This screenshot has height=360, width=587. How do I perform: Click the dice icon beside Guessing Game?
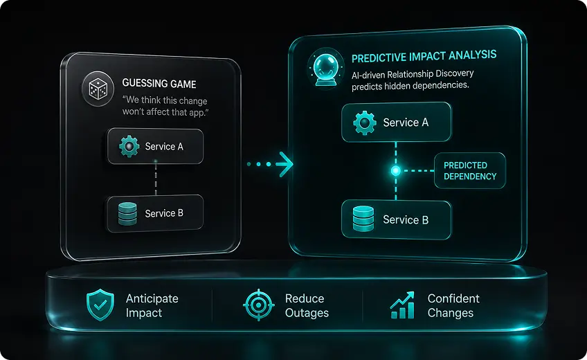coord(98,89)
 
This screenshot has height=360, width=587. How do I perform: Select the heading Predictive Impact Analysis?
coord(424,56)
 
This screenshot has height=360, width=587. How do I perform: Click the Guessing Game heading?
coord(159,84)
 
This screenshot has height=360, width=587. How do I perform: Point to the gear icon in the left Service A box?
coord(129,146)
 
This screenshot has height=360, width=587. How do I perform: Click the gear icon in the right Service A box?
coord(365,123)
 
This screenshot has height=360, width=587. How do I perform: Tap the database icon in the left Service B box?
coord(127,214)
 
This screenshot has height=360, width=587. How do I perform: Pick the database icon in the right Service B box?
coord(363,219)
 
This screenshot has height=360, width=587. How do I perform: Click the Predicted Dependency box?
coord(470,170)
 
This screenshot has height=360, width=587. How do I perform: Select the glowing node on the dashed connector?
coord(396,171)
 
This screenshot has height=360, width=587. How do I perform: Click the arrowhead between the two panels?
coord(285,164)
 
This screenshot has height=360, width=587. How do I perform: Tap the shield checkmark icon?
coord(100,305)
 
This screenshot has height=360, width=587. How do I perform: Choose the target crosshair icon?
coord(258,305)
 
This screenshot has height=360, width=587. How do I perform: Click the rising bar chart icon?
coord(402,305)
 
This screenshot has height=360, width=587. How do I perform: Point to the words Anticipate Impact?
coord(152,306)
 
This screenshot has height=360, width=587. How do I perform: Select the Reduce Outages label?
coord(307,306)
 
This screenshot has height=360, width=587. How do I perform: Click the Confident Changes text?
coord(453,306)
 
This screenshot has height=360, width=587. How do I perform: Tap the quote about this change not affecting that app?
coord(165,107)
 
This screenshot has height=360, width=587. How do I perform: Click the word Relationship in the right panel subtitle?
coord(414,74)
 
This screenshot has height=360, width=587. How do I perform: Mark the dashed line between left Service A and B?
coord(156,179)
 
